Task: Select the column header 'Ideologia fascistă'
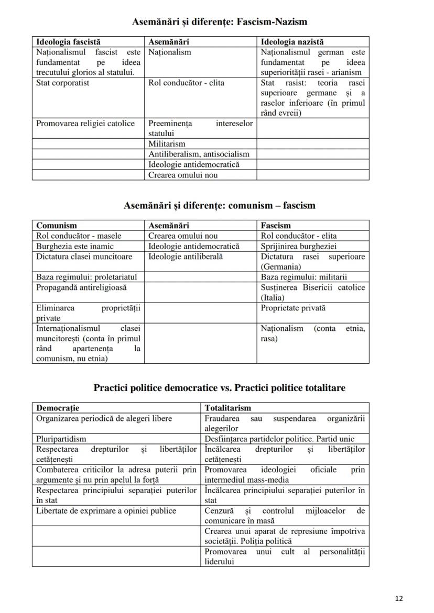68,42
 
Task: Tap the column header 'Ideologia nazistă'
292,42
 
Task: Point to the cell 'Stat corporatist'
62,83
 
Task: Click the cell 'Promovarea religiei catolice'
85,124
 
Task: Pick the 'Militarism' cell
167,143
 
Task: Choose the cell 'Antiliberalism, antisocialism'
199,154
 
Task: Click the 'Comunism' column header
56,226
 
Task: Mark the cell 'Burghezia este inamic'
74,246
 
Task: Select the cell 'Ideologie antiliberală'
186,257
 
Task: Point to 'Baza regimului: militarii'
304,277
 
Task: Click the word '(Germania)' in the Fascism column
281,266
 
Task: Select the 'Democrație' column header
58,408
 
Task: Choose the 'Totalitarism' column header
227,408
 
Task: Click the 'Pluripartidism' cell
61,439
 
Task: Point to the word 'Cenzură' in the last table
219,510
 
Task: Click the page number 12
399,599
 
